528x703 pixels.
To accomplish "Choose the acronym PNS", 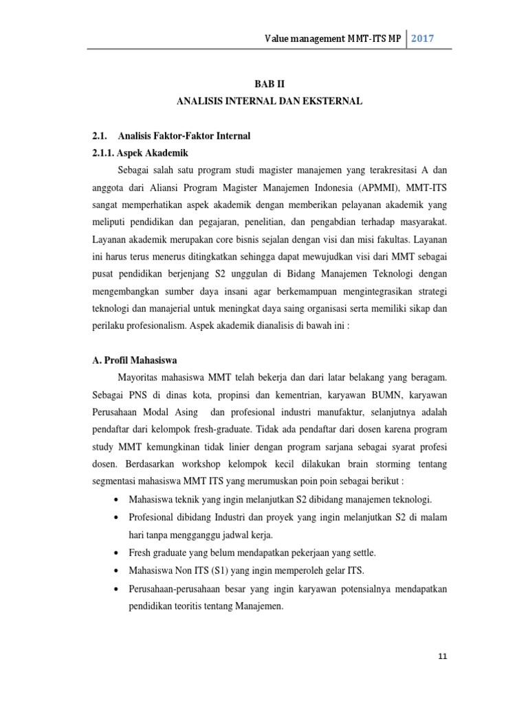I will point(138,395).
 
